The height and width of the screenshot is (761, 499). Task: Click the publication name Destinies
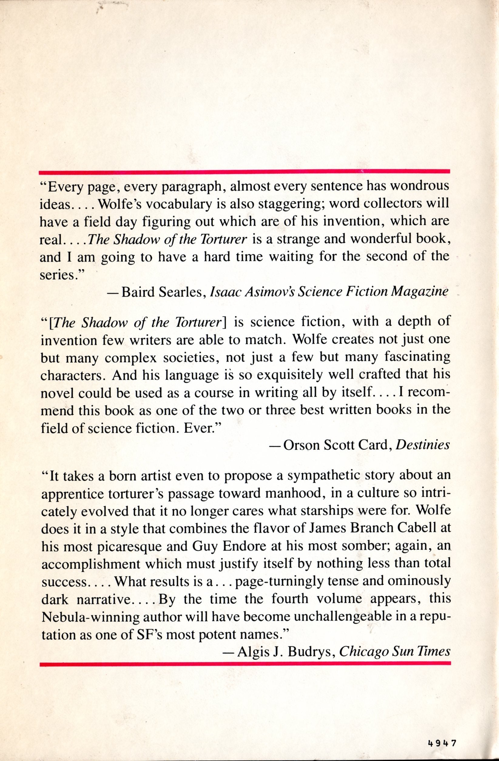423,445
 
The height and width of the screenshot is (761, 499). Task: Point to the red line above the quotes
244,172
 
